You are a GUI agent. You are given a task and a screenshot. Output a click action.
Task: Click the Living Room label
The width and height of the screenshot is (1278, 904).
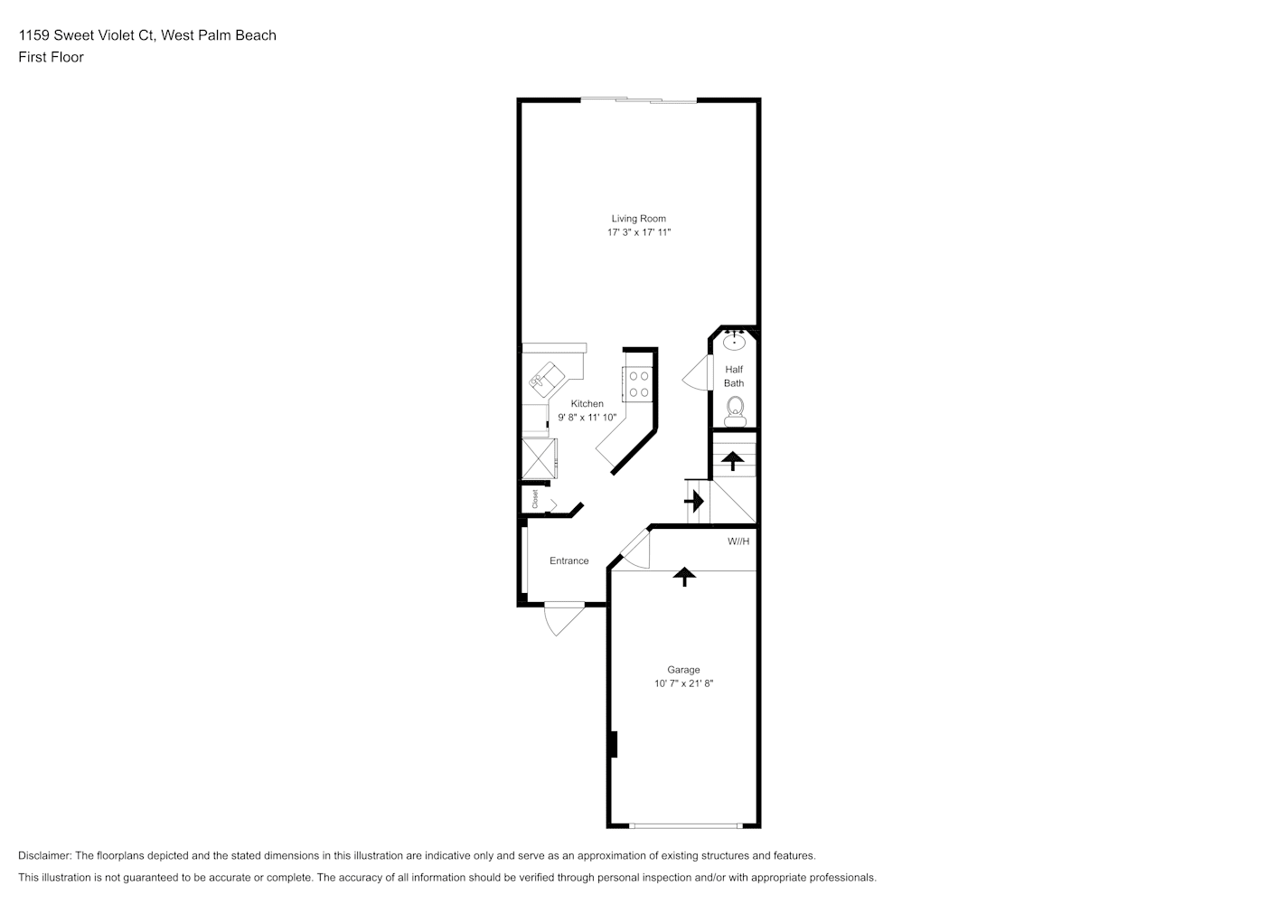click(x=638, y=219)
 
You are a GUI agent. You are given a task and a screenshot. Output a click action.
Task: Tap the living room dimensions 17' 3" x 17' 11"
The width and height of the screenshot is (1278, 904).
click(x=638, y=232)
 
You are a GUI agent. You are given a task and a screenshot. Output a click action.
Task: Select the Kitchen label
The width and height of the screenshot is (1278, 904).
click(x=587, y=403)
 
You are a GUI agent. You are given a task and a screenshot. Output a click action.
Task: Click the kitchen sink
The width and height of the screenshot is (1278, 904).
click(x=546, y=380)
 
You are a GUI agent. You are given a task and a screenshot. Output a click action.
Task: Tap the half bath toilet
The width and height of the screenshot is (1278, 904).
click(x=735, y=412)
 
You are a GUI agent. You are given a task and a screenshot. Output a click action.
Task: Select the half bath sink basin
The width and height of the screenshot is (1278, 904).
click(x=734, y=342)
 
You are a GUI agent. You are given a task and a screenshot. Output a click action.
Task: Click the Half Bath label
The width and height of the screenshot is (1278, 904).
click(x=734, y=376)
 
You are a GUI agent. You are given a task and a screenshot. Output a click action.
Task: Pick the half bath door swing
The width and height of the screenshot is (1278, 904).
click(x=697, y=372)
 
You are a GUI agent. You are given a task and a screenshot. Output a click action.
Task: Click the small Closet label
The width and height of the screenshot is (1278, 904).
click(x=535, y=499)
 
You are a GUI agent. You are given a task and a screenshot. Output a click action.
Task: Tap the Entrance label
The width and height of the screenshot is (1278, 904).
click(x=569, y=561)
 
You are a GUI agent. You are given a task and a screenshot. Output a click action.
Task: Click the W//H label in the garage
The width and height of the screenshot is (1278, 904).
click(x=738, y=541)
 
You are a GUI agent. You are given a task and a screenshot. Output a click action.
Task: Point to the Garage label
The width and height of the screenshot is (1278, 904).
click(x=683, y=670)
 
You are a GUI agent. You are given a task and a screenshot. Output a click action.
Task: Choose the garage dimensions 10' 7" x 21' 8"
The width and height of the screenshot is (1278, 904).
click(x=683, y=683)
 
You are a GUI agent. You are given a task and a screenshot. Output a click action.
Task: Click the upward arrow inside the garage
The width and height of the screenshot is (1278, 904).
click(x=684, y=577)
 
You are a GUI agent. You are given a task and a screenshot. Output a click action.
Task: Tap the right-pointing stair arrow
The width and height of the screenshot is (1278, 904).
click(x=694, y=502)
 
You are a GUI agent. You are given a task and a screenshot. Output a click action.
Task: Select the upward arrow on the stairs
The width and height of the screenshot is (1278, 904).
click(x=733, y=461)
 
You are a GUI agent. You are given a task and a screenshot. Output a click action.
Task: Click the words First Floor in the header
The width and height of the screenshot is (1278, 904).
click(x=51, y=57)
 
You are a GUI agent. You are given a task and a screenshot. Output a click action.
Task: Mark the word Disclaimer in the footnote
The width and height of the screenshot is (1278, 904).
click(x=45, y=855)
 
